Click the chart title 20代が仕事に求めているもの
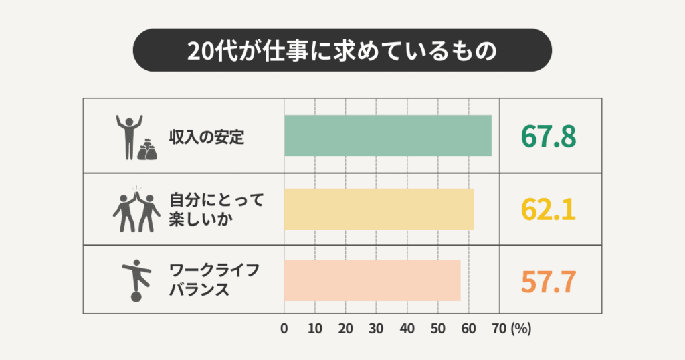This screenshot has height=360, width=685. [x=342, y=51]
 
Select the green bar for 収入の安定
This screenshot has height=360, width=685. [x=388, y=136]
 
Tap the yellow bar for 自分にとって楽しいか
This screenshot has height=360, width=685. [x=379, y=209]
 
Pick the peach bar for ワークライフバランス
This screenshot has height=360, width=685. [x=372, y=281]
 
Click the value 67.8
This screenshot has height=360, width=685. [x=549, y=137]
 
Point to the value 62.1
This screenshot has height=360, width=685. [x=549, y=209]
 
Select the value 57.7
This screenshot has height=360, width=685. [x=549, y=282]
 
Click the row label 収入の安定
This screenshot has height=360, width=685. [x=199, y=139]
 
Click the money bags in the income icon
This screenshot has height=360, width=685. [x=148, y=150]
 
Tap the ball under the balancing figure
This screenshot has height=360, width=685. [x=136, y=296]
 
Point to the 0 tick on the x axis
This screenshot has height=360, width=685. [x=284, y=329]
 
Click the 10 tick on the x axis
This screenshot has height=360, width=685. [x=315, y=329]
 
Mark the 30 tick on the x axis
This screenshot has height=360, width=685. [x=377, y=329]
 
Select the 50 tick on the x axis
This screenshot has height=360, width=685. [x=437, y=329]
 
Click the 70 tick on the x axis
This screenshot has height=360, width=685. [x=498, y=329]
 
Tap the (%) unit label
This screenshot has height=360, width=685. [x=520, y=329]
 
